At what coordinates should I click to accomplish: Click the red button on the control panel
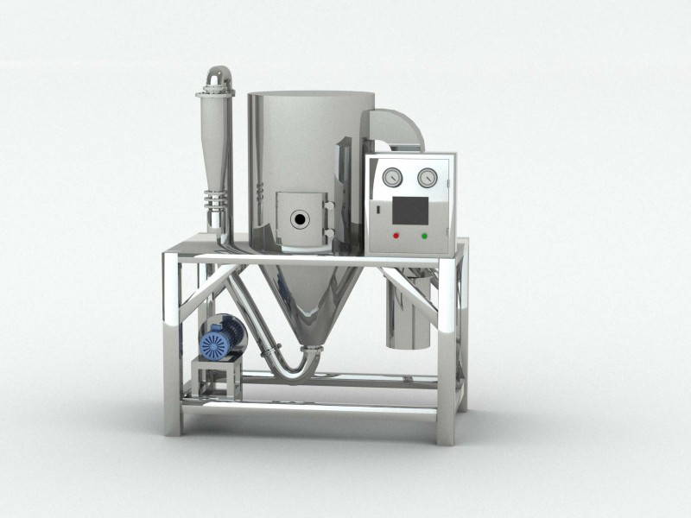click(396, 235)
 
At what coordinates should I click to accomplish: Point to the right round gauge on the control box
click(426, 178)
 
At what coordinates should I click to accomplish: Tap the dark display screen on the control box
click(409, 208)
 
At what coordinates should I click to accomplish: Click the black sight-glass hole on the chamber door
click(299, 219)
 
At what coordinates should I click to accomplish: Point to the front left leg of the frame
click(173, 345)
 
